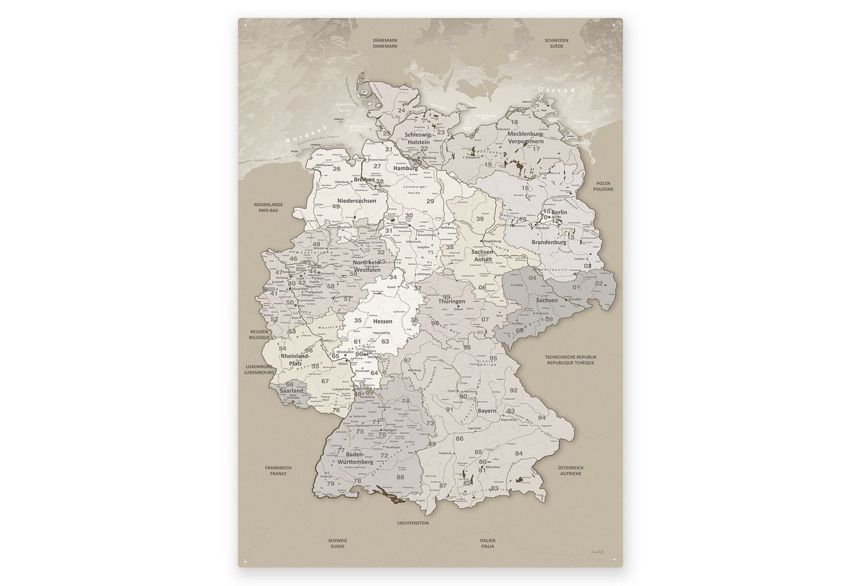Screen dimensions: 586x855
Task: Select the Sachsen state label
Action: tap(547, 300)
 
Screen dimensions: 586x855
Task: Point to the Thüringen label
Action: tap(451, 302)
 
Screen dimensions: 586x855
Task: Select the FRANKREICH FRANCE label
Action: tap(278, 471)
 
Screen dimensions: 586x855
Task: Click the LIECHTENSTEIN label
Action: tap(413, 523)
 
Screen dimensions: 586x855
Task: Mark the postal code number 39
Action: tap(480, 219)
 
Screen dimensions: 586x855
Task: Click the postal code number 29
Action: tap(430, 201)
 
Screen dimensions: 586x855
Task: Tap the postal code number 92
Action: tap(514, 390)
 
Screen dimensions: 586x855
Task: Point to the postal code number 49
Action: tap(336, 206)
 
